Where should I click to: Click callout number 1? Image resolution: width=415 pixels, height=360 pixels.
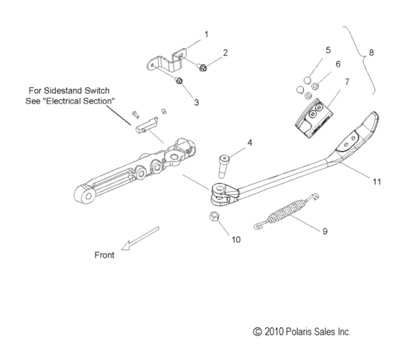[x=205, y=34]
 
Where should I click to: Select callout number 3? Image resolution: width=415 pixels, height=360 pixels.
[x=196, y=102]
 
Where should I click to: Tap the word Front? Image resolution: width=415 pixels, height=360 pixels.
[x=104, y=255]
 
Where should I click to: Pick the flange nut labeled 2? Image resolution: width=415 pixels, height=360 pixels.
[x=204, y=67]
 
